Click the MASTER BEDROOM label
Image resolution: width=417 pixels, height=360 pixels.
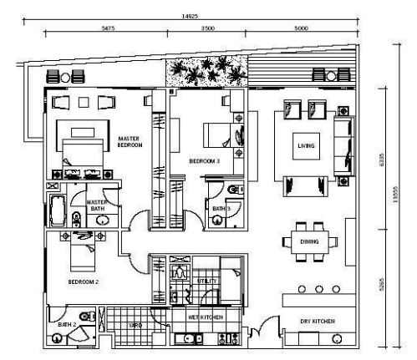coord(130,142)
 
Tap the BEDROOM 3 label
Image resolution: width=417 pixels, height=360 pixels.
coord(203,160)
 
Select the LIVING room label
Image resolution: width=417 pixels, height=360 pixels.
coord(306,146)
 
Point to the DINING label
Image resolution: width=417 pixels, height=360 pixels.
coord(309,241)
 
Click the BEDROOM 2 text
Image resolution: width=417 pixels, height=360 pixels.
coord(84,282)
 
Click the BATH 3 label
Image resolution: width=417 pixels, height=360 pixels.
coord(221,208)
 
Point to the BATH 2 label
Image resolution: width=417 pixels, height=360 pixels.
coord(67,324)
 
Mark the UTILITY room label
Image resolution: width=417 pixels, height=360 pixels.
coord(207,281)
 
